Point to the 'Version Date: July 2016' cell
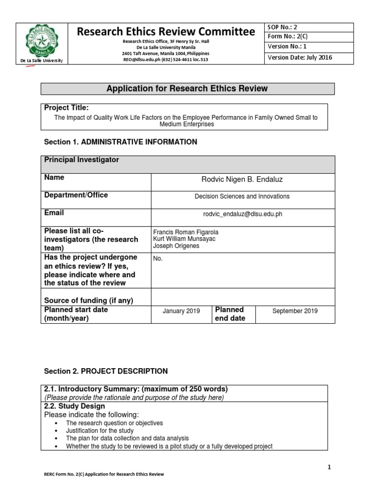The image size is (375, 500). tap(300, 58)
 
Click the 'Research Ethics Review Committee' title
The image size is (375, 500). tap(166, 32)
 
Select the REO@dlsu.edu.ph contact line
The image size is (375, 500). tap(166, 60)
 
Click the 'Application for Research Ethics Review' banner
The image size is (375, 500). tap(187, 88)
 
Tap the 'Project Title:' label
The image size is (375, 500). tap(66, 108)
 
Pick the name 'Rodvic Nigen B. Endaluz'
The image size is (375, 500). tap(242, 180)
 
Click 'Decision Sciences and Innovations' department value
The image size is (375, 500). tap(242, 196)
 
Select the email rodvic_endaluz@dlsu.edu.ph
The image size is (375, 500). tap(242, 214)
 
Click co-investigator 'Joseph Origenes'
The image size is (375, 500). tap(176, 246)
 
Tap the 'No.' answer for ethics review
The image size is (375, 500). tap(158, 258)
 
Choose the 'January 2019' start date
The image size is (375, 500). tap(181, 311)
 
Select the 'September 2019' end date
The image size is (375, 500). tap(295, 311)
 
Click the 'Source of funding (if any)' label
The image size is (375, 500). tap(88, 300)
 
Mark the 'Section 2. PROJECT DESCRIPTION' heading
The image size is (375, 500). tap(106, 371)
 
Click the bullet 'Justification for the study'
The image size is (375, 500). tap(100, 431)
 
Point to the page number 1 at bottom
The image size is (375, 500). tap(329, 467)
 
